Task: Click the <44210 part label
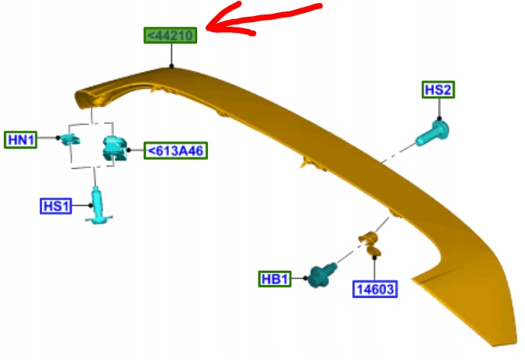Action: (x=171, y=35)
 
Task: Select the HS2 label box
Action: (x=439, y=90)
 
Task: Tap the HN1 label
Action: (x=21, y=139)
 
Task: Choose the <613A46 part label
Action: (x=177, y=151)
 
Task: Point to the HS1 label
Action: (x=56, y=206)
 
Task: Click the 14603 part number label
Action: (x=376, y=289)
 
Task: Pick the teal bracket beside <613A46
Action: (x=115, y=148)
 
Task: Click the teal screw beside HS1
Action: (x=98, y=207)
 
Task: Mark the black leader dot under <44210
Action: (x=172, y=66)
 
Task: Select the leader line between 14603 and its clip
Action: (x=374, y=268)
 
